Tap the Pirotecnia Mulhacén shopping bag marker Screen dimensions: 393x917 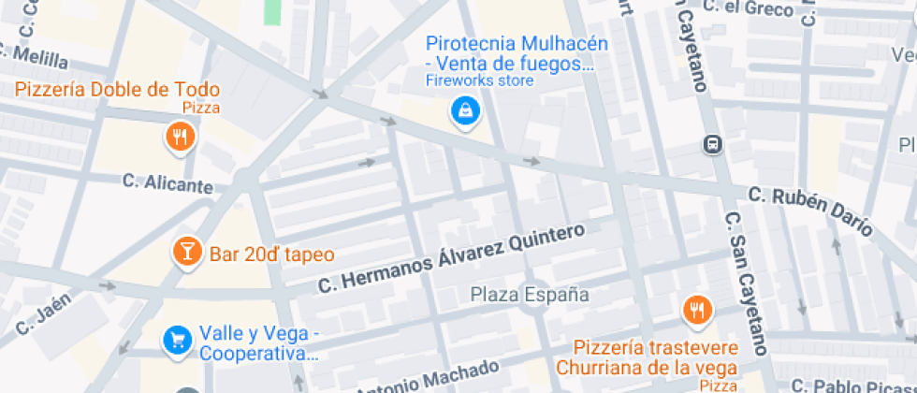click(x=464, y=112)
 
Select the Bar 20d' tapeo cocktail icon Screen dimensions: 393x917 click(x=187, y=252)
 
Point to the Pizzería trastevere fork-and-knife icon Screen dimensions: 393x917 click(x=695, y=310)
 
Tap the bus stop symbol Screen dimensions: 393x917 click(x=713, y=144)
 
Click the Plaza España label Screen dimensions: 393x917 click(x=530, y=295)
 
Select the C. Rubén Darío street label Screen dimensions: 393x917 click(x=810, y=210)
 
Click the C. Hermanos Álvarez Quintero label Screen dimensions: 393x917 click(x=451, y=258)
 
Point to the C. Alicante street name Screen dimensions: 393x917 click(x=167, y=182)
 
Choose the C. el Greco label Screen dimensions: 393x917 click(x=748, y=7)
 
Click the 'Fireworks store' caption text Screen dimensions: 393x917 click(x=479, y=81)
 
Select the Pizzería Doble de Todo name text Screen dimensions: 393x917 click(x=117, y=91)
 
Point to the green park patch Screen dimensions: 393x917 click(x=272, y=11)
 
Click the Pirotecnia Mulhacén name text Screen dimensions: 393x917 click(x=517, y=53)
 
